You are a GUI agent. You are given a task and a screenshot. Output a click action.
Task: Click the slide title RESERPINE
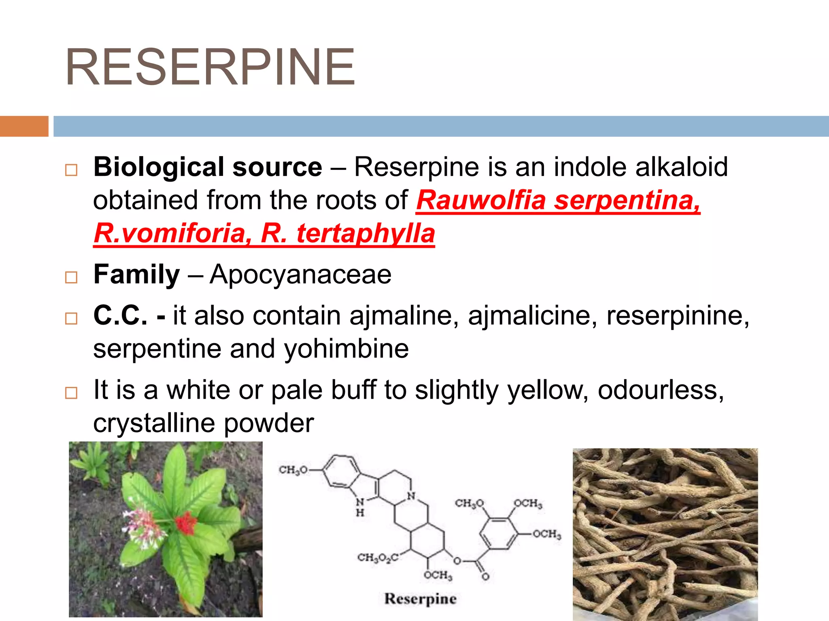point(210,68)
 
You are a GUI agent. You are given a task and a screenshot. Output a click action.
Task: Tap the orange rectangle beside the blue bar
point(24,126)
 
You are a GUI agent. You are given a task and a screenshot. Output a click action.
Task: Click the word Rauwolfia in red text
point(480,200)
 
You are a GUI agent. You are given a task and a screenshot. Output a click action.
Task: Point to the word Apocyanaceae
point(300,275)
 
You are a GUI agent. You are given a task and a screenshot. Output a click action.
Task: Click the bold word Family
point(136,275)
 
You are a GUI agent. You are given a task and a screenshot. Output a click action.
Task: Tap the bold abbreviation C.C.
point(120,315)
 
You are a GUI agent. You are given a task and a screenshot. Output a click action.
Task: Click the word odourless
point(661,390)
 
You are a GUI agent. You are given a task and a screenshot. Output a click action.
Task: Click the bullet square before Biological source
point(71,170)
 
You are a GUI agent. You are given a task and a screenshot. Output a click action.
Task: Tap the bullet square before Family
point(71,277)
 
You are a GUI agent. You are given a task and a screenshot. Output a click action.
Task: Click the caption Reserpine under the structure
point(420,599)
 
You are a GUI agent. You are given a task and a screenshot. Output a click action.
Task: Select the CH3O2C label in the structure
point(378,558)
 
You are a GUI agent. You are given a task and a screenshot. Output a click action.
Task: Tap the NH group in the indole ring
point(360,507)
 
